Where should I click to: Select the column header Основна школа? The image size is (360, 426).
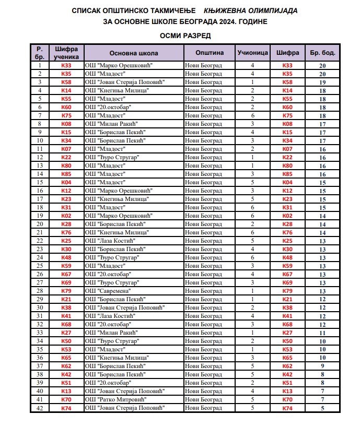tap(134, 53)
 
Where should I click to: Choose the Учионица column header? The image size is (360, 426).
tap(252, 53)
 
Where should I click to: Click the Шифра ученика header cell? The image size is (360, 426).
tap(66, 53)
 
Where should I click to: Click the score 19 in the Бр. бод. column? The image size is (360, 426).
tap(322, 82)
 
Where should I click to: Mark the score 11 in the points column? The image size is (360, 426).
tap(322, 333)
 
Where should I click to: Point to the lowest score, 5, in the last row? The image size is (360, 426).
tap(322, 408)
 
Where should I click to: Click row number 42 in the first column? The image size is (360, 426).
tap(40, 408)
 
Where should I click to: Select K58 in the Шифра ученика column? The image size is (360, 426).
tap(66, 82)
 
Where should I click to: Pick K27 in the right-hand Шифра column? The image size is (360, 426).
tap(287, 333)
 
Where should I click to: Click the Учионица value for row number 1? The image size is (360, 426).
tap(252, 65)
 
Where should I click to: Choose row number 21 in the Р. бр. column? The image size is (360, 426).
tap(40, 232)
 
